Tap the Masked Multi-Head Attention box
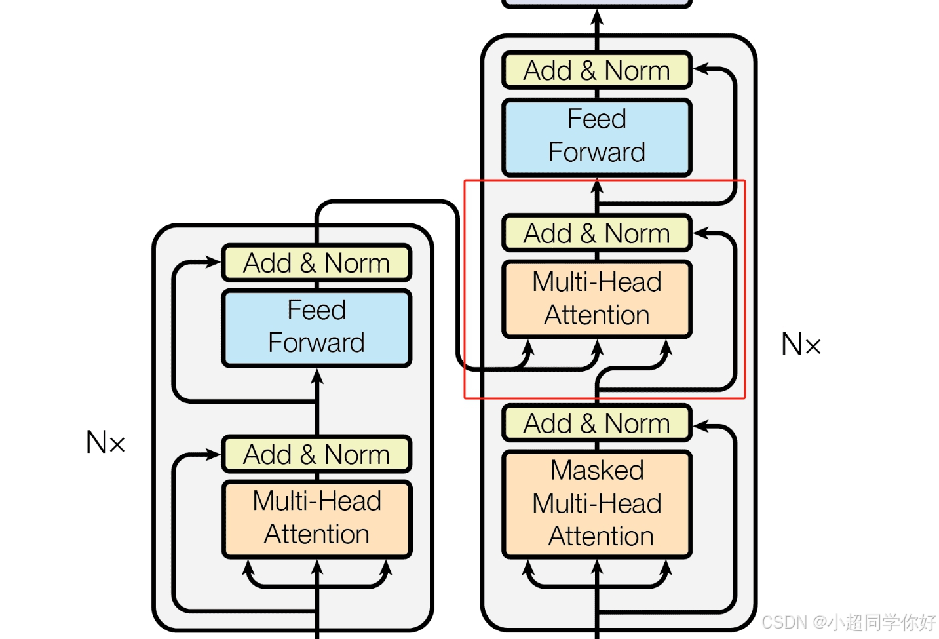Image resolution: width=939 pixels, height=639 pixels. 597,504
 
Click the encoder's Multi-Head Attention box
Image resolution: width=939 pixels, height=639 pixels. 316,519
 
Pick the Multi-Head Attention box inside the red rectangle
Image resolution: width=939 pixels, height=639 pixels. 597,299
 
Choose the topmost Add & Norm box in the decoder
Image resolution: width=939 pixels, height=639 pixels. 597,70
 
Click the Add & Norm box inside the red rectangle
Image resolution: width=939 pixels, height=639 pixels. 597,233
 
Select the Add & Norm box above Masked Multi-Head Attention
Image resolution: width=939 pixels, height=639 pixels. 597,423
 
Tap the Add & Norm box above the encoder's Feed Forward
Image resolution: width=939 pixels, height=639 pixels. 316,262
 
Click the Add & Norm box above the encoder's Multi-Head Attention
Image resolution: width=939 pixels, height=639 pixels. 316,454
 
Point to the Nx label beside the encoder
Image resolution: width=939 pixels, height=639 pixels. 105,442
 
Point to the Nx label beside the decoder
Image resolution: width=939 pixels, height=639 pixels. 801,344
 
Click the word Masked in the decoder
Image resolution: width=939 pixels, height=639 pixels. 597,470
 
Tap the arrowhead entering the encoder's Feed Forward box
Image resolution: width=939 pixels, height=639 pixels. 317,376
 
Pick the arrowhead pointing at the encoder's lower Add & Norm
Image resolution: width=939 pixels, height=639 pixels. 213,454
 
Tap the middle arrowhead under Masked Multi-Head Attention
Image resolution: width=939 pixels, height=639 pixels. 597,566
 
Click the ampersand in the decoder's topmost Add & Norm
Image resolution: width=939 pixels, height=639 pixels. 588,70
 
